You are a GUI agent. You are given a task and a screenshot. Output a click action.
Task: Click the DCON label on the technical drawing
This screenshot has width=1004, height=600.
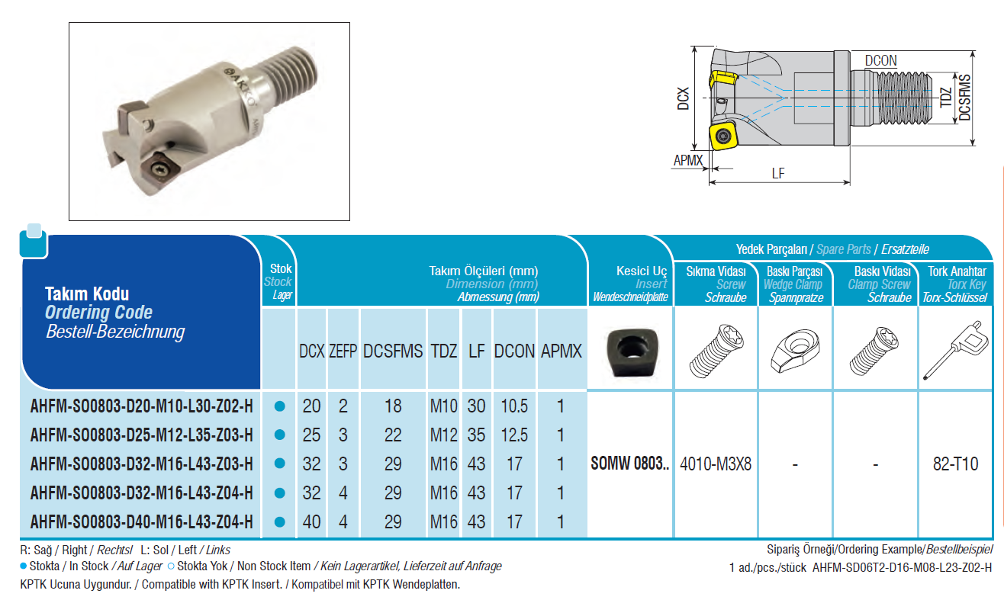(x=880, y=60)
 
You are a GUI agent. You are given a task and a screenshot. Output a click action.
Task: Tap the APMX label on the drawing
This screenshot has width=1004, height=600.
(x=688, y=160)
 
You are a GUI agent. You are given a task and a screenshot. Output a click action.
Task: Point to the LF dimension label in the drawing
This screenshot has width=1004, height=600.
(x=778, y=174)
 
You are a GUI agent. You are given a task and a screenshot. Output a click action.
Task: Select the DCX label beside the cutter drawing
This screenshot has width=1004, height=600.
(x=683, y=98)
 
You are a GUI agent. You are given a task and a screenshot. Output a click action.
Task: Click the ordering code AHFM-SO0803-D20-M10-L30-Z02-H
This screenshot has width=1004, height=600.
(x=141, y=406)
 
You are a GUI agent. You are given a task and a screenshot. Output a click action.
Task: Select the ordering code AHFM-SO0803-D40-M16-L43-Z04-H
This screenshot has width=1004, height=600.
(x=141, y=521)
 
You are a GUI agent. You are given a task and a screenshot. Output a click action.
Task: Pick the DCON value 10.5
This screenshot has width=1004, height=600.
(x=514, y=406)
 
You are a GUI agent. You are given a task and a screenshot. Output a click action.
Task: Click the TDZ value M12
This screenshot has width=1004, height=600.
(x=443, y=435)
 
